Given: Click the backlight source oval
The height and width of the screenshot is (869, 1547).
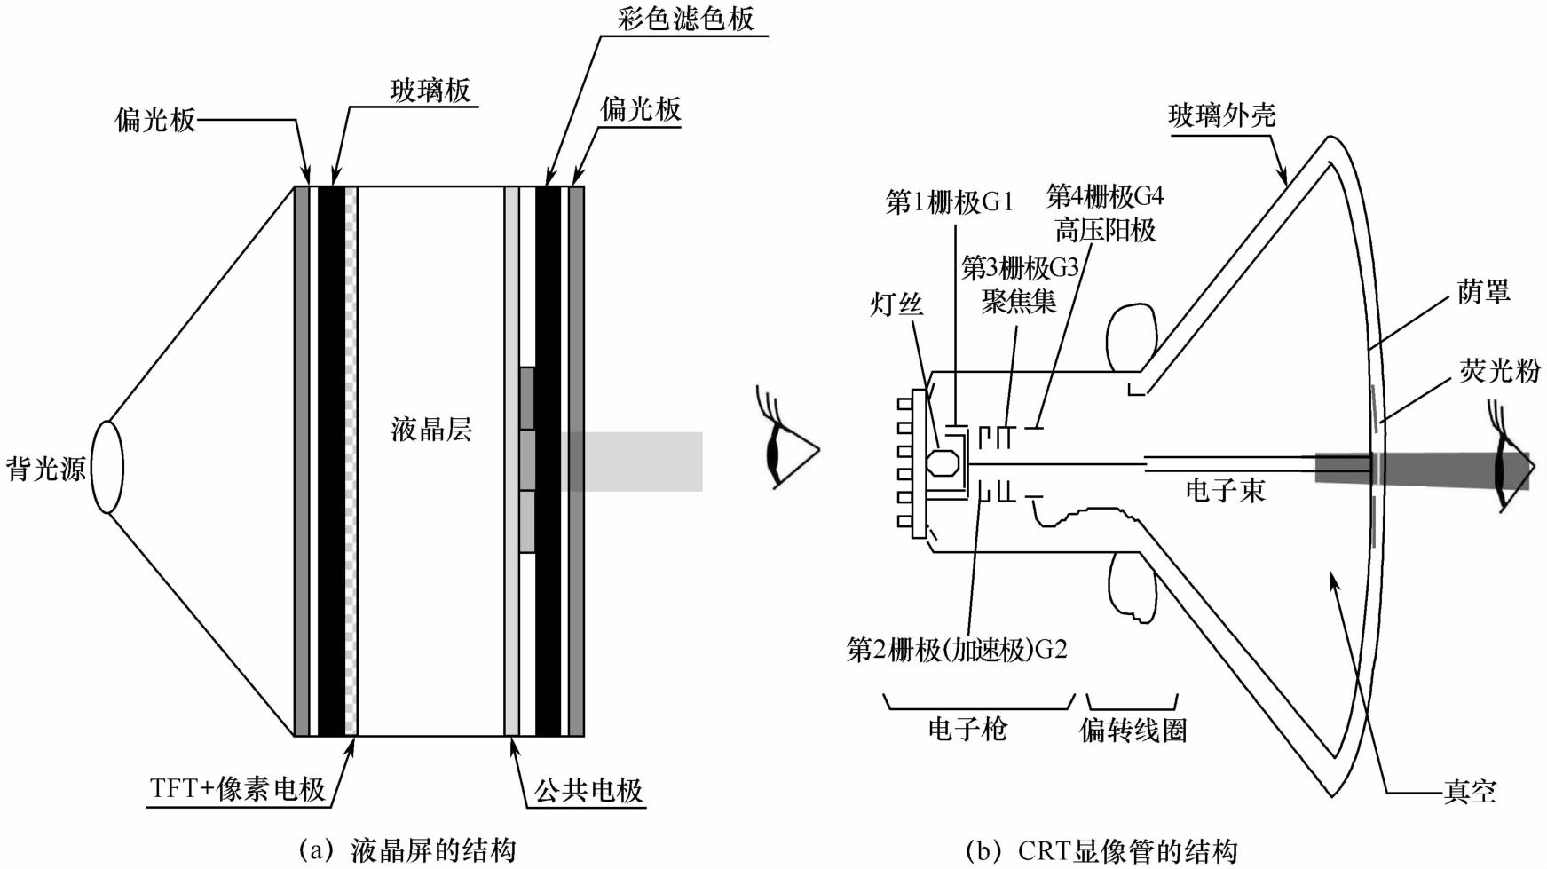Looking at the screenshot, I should [x=108, y=467].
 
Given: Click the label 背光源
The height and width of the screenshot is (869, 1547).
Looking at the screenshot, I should [x=45, y=469].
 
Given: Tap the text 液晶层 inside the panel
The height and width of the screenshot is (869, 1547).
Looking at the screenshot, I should [x=431, y=430].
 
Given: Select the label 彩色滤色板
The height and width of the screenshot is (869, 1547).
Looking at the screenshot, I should [x=686, y=19].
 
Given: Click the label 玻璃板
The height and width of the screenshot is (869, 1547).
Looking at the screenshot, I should [x=430, y=91].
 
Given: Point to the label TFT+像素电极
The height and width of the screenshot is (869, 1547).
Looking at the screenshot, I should [x=238, y=788].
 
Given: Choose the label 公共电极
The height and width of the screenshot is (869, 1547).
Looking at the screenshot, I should [x=588, y=790].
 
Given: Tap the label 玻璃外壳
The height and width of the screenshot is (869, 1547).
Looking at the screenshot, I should [x=1222, y=115].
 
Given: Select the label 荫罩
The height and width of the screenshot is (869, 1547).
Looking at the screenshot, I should [x=1483, y=291].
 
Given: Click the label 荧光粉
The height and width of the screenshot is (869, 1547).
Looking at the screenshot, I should [x=1500, y=370].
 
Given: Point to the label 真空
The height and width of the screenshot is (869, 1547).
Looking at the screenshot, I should [x=1470, y=791].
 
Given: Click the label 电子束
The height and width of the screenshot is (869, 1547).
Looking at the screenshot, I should [x=1225, y=490].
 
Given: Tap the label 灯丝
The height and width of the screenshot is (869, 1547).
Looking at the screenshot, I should [x=896, y=304].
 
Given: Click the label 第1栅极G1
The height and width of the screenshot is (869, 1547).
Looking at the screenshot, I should [x=949, y=202].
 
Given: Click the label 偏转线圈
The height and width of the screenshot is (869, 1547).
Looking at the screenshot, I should [x=1133, y=731].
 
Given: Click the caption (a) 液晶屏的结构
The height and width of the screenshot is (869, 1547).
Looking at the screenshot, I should [x=407, y=849].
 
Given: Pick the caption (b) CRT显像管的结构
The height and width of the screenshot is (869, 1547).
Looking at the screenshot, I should [x=1101, y=850].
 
